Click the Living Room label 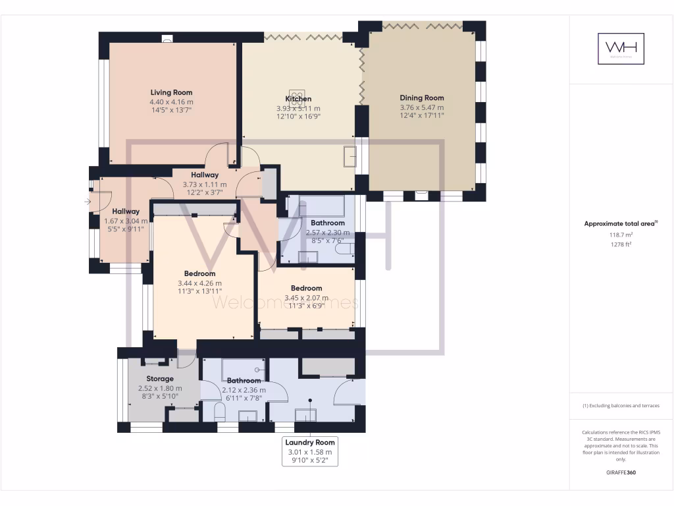click(x=171, y=93)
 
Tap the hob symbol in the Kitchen click(x=298, y=96)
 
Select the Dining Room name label click(x=422, y=98)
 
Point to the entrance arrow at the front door click(x=88, y=202)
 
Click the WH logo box click(x=621, y=49)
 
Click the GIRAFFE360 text click(x=621, y=472)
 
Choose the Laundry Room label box click(x=310, y=451)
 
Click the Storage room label click(x=160, y=379)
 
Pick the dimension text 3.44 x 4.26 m click(x=199, y=283)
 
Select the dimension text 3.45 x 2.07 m click(x=306, y=298)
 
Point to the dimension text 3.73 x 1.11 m click(x=204, y=185)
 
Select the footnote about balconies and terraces click(x=621, y=406)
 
